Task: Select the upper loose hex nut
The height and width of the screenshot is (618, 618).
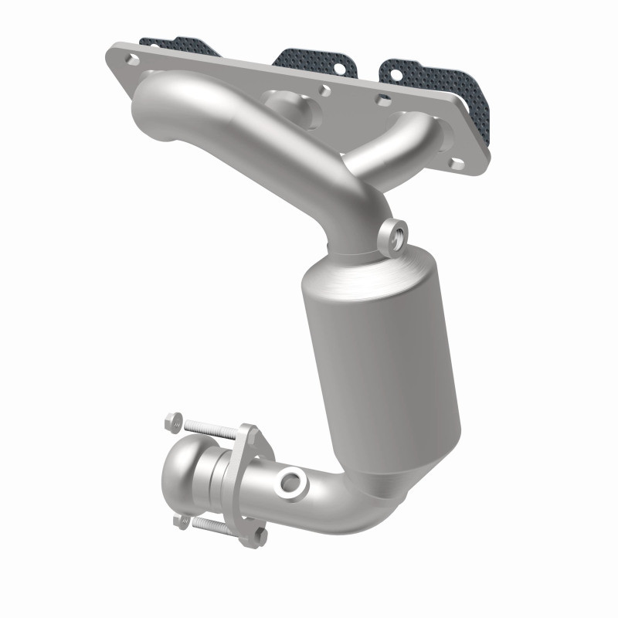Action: (174, 423)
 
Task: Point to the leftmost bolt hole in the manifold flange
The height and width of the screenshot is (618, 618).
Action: (130, 59)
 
